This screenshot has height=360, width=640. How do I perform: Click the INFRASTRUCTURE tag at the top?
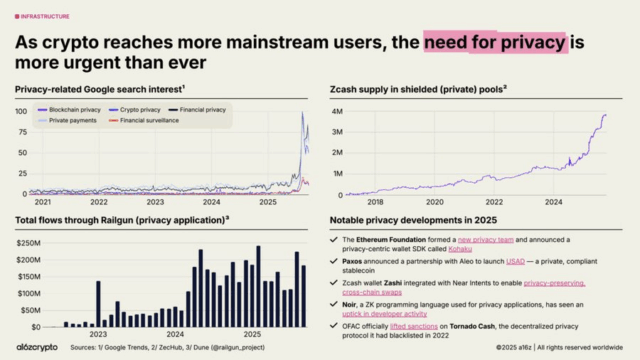click(44, 16)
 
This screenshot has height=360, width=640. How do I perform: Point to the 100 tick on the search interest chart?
click(21, 110)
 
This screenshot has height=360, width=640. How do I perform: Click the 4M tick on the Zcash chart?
click(338, 109)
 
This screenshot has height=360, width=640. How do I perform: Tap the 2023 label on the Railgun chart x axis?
click(97, 334)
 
